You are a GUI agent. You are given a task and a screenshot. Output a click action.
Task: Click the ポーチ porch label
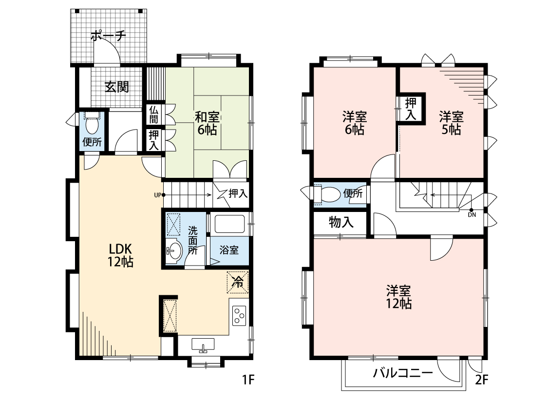108,36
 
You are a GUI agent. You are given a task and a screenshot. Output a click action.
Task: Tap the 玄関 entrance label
117,87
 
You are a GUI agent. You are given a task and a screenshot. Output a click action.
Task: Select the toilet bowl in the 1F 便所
92,124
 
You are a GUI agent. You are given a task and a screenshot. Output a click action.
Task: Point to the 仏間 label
154,115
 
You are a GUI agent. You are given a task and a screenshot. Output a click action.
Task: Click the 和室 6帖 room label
207,123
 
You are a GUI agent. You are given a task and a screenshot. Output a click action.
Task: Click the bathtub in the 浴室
229,224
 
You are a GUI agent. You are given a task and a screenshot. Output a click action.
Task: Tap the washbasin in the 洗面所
174,250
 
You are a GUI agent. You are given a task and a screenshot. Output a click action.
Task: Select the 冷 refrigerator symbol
238,282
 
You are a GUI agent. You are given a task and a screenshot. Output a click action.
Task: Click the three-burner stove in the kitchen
239,316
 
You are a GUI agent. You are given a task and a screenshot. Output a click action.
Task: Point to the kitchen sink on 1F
203,345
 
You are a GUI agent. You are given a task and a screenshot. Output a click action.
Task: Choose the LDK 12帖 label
120,255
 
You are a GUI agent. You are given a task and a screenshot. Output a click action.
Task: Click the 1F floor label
248,380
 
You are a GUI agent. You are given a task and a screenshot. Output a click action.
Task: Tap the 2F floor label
481,380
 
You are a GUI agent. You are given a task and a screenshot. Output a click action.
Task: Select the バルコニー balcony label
403,373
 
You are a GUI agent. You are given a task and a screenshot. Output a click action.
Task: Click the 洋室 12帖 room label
398,297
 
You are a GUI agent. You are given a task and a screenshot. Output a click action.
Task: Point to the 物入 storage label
341,222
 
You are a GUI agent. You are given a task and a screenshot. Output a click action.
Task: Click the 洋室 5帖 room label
451,123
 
